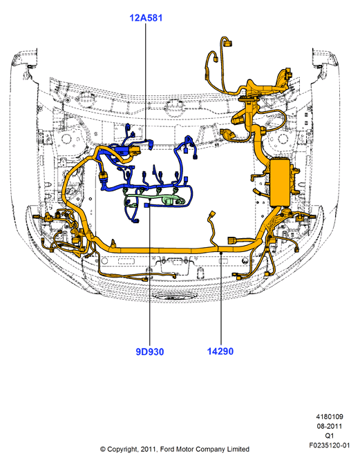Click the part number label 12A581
(x=146, y=18)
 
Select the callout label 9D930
(x=149, y=352)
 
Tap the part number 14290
(x=220, y=351)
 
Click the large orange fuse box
(x=280, y=182)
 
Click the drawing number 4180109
(x=329, y=416)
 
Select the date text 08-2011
(x=329, y=426)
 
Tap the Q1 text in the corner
(x=329, y=436)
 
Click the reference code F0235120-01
(x=329, y=445)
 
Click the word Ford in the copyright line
(x=167, y=449)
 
